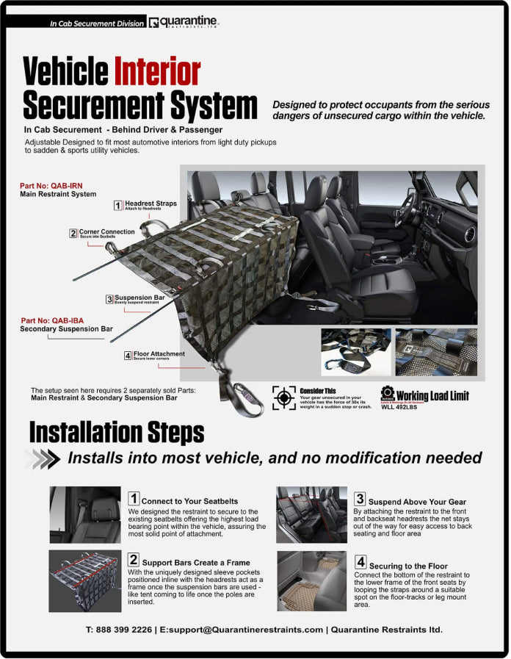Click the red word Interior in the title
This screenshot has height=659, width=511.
(156, 72)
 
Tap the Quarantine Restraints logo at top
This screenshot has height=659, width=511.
(183, 22)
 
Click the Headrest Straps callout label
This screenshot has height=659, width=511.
(150, 204)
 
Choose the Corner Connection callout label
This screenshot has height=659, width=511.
(106, 232)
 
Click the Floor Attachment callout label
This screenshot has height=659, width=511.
(159, 354)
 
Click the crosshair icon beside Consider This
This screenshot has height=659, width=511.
(283, 397)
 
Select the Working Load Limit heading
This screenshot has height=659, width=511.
(432, 396)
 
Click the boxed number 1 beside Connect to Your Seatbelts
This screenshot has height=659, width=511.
(134, 499)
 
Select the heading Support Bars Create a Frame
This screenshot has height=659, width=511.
(196, 562)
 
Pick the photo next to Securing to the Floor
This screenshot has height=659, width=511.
(311, 580)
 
